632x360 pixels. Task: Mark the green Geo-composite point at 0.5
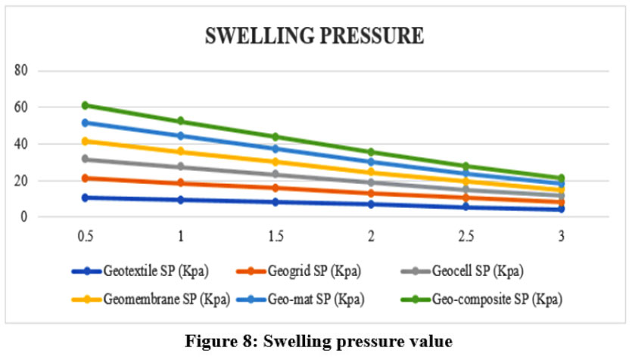[x=86, y=105]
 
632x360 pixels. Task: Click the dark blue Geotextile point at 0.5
[x=86, y=197]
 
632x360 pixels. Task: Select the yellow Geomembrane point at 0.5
[x=86, y=141]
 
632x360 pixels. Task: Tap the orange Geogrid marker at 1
[x=181, y=183]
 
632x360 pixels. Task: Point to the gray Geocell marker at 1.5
[x=276, y=174]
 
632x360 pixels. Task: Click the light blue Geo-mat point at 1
[x=181, y=135]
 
